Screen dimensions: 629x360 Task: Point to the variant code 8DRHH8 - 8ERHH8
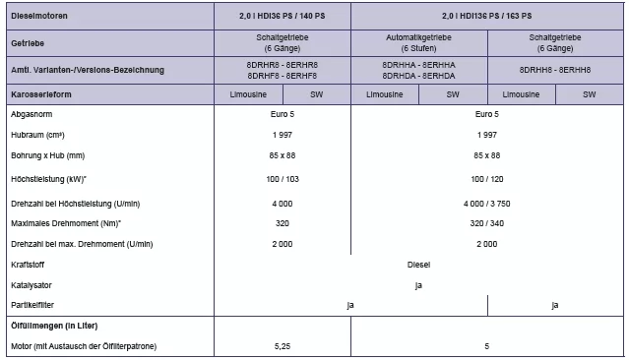click(554, 70)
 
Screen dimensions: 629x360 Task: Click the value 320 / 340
click(486, 222)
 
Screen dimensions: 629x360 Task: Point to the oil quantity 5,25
click(283, 346)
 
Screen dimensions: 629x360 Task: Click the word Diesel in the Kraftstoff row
click(418, 265)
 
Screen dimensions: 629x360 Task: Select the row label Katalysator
click(31, 285)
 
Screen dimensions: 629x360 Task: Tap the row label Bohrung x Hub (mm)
click(48, 155)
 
